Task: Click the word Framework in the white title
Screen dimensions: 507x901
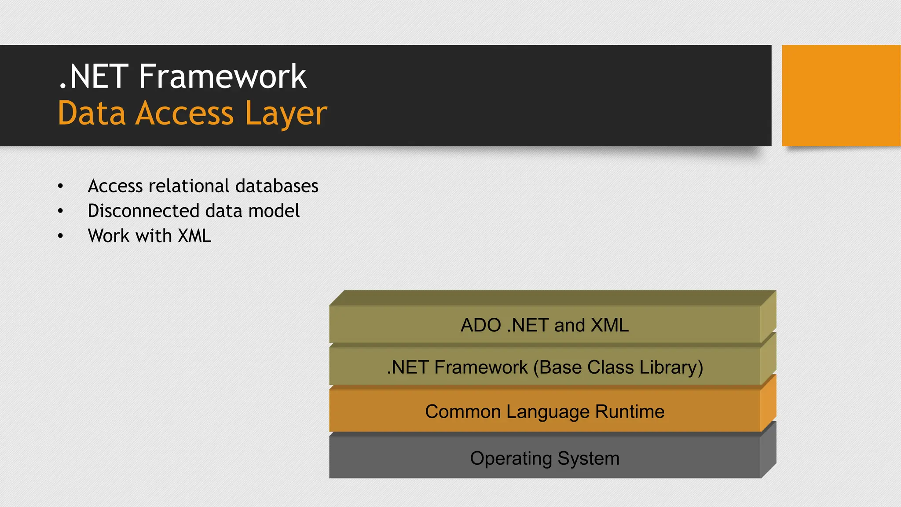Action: pos(222,77)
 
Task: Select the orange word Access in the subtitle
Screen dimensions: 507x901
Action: pos(184,114)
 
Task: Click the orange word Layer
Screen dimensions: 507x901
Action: pos(286,114)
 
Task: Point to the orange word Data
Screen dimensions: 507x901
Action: pos(92,114)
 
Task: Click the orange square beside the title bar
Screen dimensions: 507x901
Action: pos(841,96)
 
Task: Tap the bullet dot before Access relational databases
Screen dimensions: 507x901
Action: pos(61,187)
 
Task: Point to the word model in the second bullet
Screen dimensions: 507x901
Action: pos(274,211)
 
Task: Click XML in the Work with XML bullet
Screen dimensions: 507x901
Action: pos(194,236)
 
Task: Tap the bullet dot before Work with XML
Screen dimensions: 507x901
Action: pos(61,236)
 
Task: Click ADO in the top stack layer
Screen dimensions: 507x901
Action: pos(480,326)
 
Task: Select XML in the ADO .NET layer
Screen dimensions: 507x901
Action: pos(609,326)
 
